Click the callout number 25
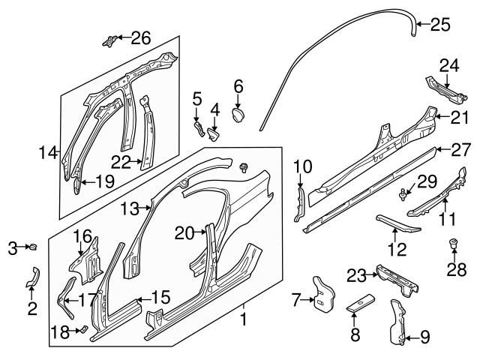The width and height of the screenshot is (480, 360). (x=440, y=25)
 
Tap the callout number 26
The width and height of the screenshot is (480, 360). (x=140, y=37)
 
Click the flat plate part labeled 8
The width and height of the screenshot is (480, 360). (x=355, y=309)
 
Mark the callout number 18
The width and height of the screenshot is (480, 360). (x=58, y=330)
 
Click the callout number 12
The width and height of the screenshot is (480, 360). (x=397, y=250)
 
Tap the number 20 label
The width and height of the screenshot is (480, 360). (x=184, y=233)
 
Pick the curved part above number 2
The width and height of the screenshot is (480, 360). (x=32, y=276)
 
